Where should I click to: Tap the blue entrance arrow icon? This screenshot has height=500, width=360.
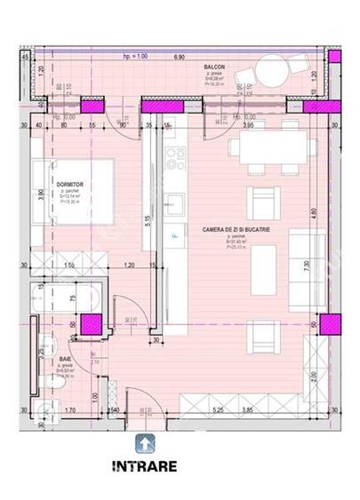143,442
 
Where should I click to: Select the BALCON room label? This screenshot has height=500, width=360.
214,67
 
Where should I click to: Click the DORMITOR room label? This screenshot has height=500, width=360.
68,183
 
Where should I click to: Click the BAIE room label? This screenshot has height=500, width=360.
66,360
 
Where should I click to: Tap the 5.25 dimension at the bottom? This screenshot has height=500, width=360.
217,409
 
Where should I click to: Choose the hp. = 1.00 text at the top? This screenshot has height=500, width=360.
135,55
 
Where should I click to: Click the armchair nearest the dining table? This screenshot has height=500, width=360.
259,197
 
